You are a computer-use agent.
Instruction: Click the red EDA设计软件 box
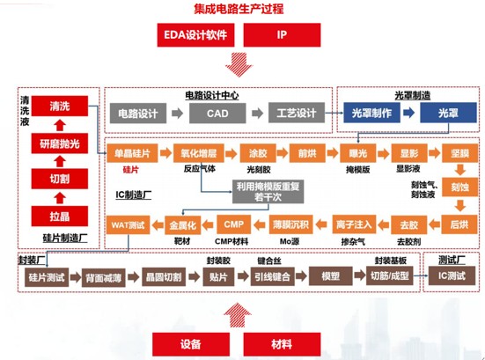click(x=195, y=35)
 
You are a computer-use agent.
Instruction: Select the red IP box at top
click(x=282, y=35)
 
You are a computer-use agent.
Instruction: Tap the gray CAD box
click(x=217, y=114)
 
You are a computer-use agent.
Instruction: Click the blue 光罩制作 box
click(x=371, y=113)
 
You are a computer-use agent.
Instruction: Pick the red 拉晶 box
click(x=60, y=216)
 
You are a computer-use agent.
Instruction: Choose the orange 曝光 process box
click(x=357, y=153)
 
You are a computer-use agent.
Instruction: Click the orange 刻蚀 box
click(x=459, y=187)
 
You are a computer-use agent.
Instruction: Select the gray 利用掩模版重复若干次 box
click(x=268, y=192)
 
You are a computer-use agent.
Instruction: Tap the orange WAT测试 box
click(x=128, y=224)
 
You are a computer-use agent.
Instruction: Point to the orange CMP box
click(x=233, y=224)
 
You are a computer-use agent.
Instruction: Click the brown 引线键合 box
click(x=272, y=276)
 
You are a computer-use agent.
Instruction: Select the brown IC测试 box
click(x=452, y=276)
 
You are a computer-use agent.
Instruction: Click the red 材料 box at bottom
click(x=282, y=344)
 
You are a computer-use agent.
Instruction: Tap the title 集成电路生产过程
click(x=239, y=9)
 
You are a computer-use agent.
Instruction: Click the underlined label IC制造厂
click(x=133, y=195)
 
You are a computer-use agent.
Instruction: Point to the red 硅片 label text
click(x=131, y=170)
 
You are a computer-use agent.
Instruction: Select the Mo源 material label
click(x=290, y=241)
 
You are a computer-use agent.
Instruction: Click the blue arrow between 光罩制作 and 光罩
click(x=409, y=113)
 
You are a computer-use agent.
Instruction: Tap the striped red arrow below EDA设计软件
click(x=239, y=64)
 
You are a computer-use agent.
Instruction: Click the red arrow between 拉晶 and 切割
click(x=60, y=198)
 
